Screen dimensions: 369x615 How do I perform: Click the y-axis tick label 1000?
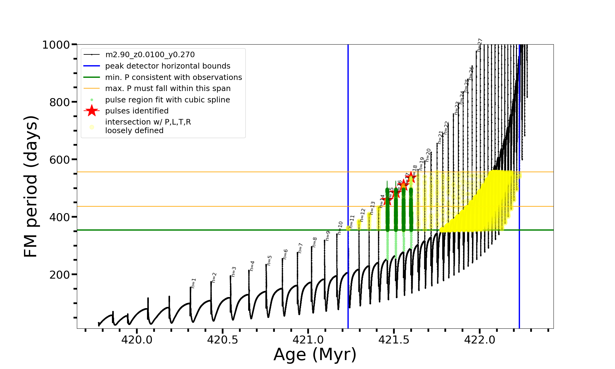(56, 45)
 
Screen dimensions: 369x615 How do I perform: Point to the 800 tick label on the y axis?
(60, 102)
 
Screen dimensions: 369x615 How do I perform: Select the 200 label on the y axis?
(60, 275)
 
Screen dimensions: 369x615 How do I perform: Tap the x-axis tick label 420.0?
(137, 340)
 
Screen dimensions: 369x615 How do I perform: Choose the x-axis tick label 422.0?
(480, 340)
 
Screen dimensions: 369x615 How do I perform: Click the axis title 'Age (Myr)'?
(315, 355)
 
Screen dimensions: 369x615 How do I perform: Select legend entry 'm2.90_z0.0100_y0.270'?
(150, 55)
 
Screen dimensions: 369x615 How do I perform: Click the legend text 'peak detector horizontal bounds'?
(168, 66)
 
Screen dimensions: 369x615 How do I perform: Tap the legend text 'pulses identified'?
(137, 111)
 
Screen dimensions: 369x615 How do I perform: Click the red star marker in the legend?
(92, 111)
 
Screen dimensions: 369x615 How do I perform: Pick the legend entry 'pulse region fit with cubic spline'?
(168, 100)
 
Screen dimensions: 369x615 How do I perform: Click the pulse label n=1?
(193, 283)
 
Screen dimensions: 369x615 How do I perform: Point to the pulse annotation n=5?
(269, 260)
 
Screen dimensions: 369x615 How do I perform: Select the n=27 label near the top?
(480, 45)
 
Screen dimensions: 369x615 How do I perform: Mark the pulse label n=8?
(315, 242)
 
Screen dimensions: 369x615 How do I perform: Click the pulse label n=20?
(428, 155)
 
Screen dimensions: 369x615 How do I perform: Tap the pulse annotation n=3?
(234, 272)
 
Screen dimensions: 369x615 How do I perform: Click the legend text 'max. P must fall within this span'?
(168, 89)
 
